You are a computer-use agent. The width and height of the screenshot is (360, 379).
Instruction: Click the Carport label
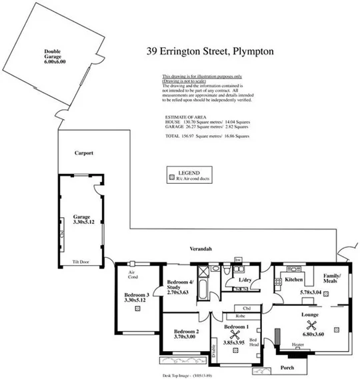84,153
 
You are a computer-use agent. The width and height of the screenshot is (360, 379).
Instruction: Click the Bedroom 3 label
137,297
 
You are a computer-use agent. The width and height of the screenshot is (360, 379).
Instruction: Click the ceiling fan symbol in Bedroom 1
235,335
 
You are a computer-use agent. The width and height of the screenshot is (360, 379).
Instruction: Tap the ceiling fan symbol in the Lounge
310,326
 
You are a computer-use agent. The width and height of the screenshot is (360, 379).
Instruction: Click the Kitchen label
294,280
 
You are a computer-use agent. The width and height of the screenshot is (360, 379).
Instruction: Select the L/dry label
245,280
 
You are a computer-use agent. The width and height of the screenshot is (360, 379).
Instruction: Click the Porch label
287,368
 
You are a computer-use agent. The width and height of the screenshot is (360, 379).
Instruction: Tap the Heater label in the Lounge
298,344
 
